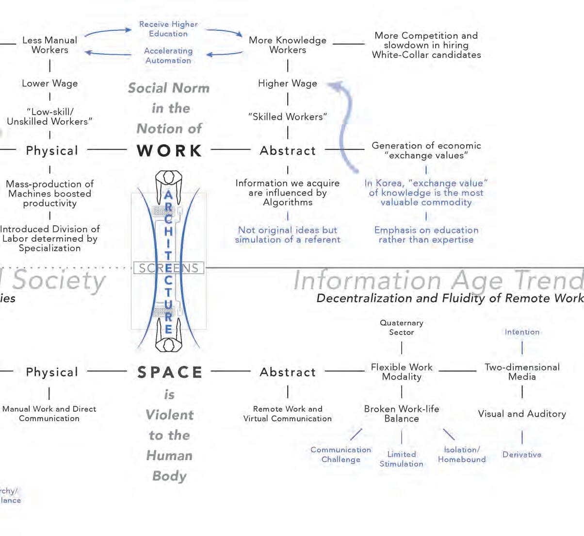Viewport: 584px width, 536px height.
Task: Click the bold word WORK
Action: click(x=169, y=151)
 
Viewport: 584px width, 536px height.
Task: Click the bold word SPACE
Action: click(x=169, y=372)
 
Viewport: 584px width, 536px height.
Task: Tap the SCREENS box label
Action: click(x=168, y=268)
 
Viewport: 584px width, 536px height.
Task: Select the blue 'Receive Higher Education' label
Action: click(x=168, y=29)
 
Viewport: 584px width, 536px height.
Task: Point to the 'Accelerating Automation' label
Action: click(x=168, y=55)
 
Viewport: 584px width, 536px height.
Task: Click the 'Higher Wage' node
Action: click(x=288, y=84)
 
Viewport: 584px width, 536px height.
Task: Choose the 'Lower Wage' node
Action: click(x=49, y=84)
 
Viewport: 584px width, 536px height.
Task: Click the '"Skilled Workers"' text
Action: click(x=288, y=117)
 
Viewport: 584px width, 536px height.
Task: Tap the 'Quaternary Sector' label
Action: click(x=402, y=328)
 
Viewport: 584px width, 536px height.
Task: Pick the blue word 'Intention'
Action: click(x=522, y=332)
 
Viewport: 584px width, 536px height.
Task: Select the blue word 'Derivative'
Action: click(x=522, y=455)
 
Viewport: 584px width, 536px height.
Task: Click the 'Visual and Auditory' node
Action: click(x=522, y=414)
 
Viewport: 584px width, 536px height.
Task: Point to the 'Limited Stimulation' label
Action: click(x=401, y=459)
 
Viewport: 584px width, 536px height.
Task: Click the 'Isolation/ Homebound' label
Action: click(x=462, y=454)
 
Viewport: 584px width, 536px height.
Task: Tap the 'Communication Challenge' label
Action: click(x=341, y=454)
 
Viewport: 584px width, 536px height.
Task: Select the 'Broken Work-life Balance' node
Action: click(x=402, y=414)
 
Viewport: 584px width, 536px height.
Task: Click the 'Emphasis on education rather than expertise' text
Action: click(x=426, y=234)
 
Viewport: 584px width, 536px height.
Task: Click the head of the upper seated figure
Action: click(x=169, y=177)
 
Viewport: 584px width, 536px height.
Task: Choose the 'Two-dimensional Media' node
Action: click(x=522, y=372)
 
